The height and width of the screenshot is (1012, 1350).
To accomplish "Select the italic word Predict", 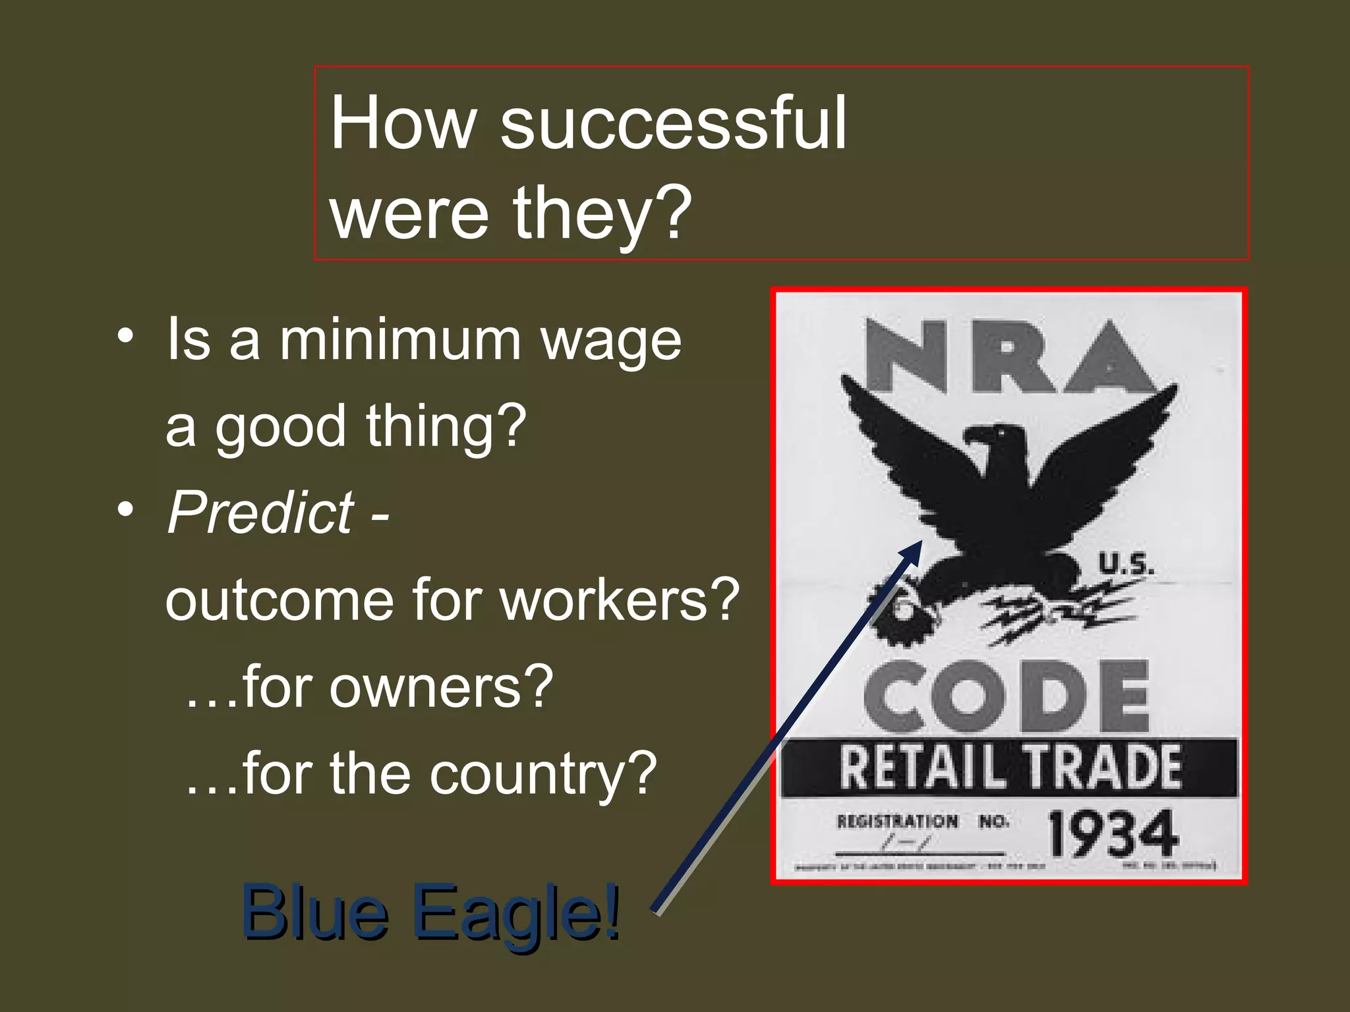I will point(261,513).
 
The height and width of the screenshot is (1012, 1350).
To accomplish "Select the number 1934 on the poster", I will point(1112,834).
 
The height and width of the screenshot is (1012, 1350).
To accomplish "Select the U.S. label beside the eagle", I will point(1126,565).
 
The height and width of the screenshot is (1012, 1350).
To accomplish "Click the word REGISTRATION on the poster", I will point(897,822).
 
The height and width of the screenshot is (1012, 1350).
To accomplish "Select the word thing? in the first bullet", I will point(446,426).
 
